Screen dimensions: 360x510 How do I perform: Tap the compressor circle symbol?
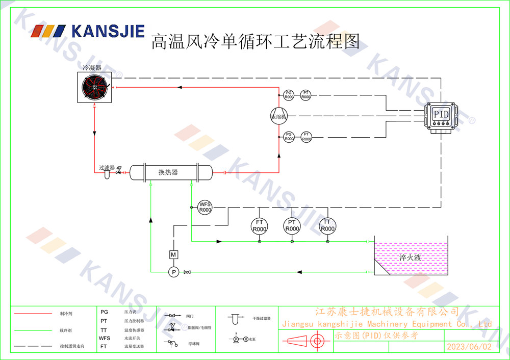[279, 115]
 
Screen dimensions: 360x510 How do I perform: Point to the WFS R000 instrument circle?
[205, 207]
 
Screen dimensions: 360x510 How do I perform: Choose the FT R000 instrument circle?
[259, 226]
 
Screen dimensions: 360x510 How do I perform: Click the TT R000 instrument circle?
[327, 226]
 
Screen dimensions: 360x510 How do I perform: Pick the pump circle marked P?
[173, 272]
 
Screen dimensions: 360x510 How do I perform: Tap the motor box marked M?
[173, 254]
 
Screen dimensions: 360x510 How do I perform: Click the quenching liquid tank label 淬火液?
[411, 258]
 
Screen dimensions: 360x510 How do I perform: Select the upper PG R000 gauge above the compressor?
[289, 94]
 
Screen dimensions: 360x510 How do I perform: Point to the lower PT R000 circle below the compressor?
[305, 136]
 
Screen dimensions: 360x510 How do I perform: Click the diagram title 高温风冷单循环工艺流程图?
[256, 41]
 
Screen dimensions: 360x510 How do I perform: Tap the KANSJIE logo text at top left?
[108, 32]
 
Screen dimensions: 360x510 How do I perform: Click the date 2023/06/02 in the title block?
[469, 346]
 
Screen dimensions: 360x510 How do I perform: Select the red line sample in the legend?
[34, 314]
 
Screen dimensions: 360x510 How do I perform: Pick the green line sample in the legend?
[34, 330]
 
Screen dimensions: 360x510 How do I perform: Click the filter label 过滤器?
[107, 168]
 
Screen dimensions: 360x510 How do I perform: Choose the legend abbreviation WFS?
[105, 338]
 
